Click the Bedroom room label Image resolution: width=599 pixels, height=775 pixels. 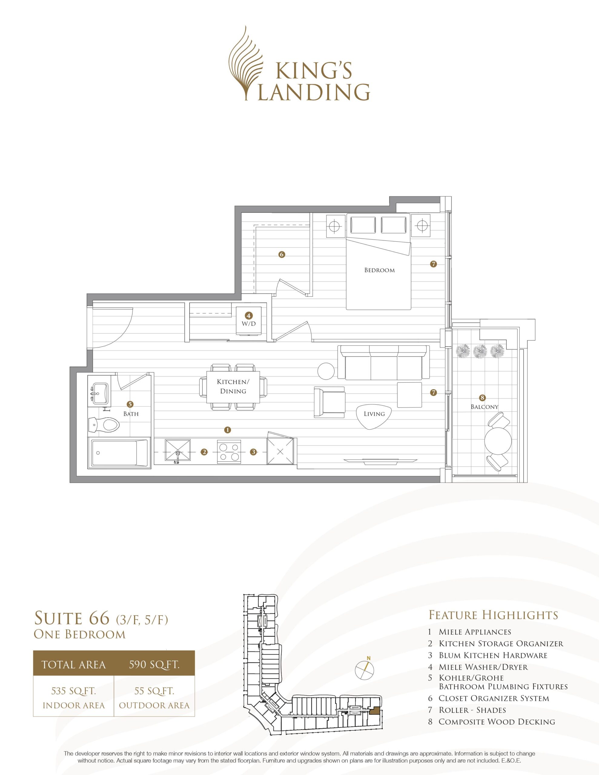point(379,270)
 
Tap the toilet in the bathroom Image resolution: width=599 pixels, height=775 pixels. point(103,424)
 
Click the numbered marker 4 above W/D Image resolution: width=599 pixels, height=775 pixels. point(249,315)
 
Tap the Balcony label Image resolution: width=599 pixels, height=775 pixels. point(485,407)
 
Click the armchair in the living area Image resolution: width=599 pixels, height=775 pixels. point(329,402)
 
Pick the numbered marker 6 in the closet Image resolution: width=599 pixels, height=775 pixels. point(282,254)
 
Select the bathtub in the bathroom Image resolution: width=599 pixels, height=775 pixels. point(120,453)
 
